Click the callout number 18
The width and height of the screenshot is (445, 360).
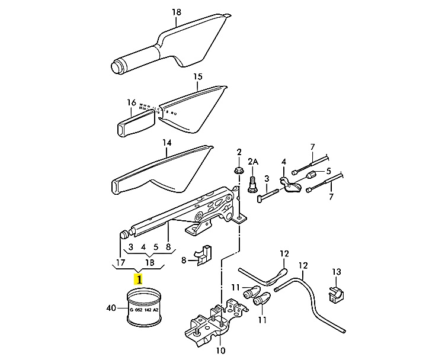(x=176, y=12)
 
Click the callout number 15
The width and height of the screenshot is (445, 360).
(x=198, y=77)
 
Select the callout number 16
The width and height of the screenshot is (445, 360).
(x=132, y=102)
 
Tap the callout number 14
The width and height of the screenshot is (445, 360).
(x=167, y=143)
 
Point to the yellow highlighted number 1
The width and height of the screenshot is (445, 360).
(x=139, y=278)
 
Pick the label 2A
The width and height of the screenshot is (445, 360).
(x=253, y=161)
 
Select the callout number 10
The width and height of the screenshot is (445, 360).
(x=220, y=351)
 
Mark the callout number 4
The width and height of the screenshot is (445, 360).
(x=284, y=161)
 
